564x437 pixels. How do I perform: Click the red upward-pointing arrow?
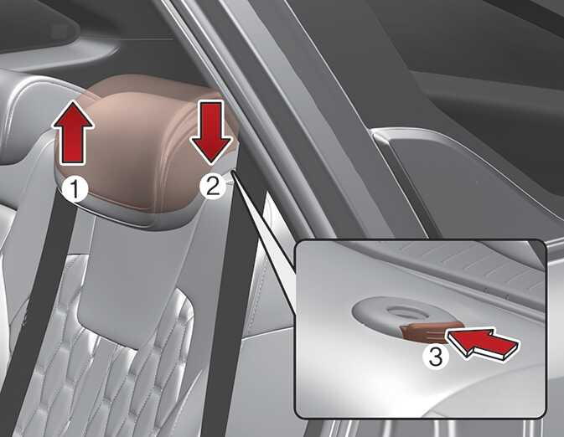point(74,133)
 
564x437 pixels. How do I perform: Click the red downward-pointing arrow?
point(211,133)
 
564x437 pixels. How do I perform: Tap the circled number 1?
point(75,189)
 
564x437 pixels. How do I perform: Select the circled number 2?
point(213,187)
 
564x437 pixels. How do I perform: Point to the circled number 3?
point(436,357)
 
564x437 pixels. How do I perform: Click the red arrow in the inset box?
point(482,342)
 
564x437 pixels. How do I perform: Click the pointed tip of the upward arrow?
point(74,100)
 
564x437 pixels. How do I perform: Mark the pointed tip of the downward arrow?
point(211,165)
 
